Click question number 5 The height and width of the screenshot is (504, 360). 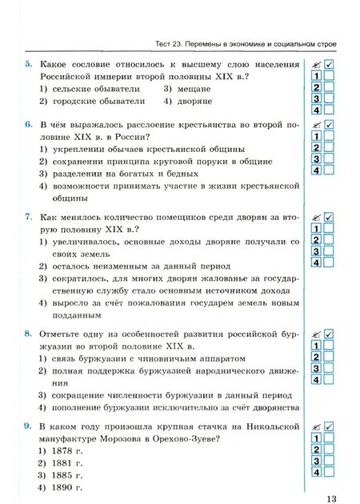click(28, 64)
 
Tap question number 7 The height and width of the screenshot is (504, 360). click(28, 217)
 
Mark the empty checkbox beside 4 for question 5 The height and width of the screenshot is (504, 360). click(329, 110)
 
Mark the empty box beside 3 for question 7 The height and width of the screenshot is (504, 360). click(329, 251)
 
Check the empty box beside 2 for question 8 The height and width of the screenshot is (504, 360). click(329, 357)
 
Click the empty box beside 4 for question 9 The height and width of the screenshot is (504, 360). click(329, 474)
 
